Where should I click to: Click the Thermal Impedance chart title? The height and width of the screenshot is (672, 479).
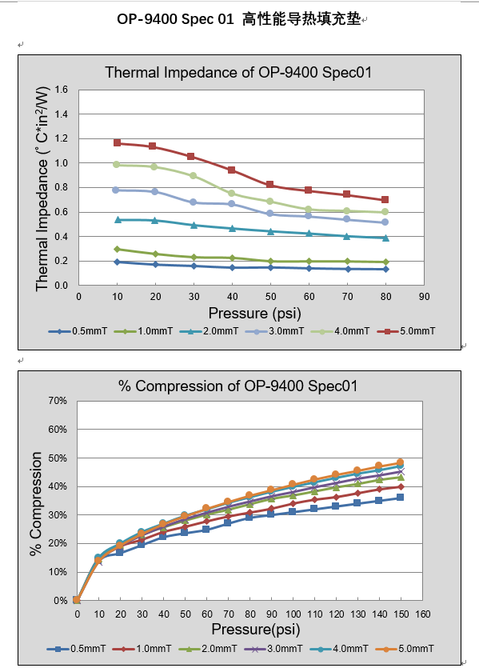tap(238, 73)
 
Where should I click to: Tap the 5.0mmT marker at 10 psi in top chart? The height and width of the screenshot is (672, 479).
tap(118, 143)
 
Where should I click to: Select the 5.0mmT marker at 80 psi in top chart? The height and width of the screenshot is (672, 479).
tap(385, 200)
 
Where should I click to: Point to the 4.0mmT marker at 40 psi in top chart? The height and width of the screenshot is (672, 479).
tap(232, 194)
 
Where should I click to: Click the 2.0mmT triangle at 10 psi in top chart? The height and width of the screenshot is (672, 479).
tap(118, 219)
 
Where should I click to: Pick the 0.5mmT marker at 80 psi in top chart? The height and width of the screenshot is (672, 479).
tap(385, 269)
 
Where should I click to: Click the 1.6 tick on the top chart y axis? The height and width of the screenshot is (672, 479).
tap(61, 90)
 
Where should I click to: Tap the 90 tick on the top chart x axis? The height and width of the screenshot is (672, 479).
tap(424, 296)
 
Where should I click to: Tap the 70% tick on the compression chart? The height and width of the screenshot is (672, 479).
tap(58, 400)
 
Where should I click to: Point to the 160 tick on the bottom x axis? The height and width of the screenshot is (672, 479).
tap(423, 614)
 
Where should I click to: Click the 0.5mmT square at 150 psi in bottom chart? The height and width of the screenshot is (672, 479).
tap(400, 498)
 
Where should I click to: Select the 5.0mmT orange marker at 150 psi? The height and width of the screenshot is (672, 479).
tap(400, 462)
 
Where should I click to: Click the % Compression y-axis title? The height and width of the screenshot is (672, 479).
tap(36, 504)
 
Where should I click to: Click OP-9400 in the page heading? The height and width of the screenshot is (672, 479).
tap(146, 18)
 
